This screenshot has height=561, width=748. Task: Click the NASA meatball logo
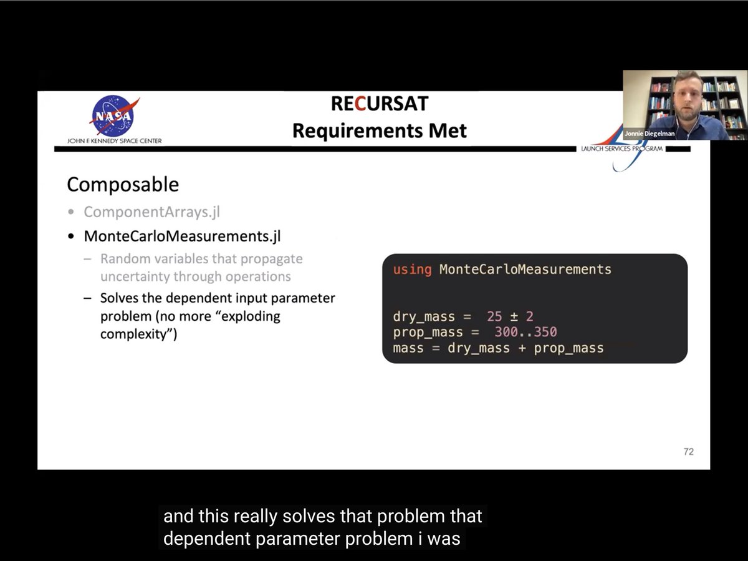[x=114, y=116]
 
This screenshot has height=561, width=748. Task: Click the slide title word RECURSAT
[x=380, y=104]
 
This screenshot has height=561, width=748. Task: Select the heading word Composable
[x=123, y=185]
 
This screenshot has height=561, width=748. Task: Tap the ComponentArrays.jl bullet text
[x=152, y=212]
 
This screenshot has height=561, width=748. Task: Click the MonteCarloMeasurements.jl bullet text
[x=182, y=237]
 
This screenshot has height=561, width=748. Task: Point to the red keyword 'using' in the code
[x=413, y=270]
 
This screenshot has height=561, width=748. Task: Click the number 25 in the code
[x=494, y=316]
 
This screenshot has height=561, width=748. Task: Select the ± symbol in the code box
[x=514, y=317]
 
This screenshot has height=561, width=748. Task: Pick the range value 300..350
[x=526, y=332]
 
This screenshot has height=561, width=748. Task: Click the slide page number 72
[x=688, y=452]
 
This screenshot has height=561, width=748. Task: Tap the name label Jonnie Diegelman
[x=649, y=134]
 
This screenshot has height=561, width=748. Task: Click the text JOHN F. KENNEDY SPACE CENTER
[x=115, y=141]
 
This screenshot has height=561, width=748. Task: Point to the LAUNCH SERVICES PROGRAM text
[x=622, y=149]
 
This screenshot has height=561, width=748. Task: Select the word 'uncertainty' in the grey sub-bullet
[x=135, y=276]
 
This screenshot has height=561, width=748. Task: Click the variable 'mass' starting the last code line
[x=408, y=348]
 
